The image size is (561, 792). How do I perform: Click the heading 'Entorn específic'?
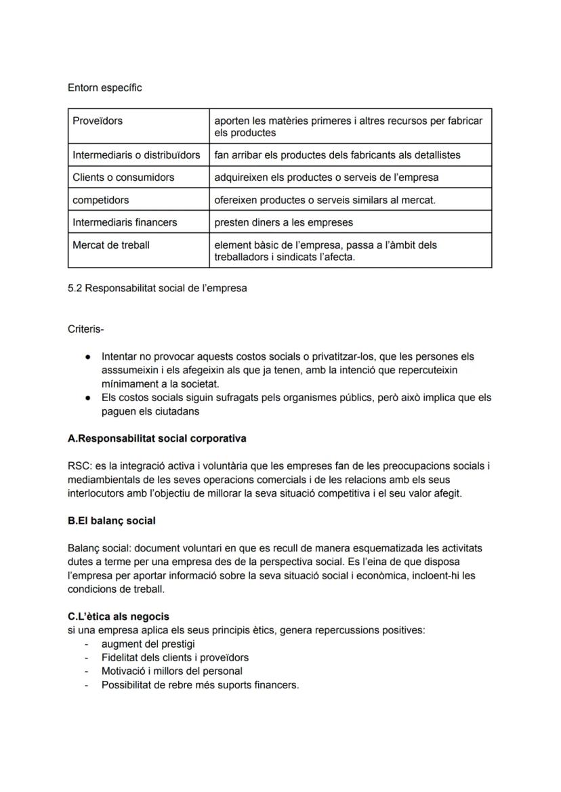[x=104, y=88]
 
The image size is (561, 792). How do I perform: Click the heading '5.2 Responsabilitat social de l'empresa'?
[x=157, y=289]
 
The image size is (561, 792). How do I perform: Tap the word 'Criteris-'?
[x=85, y=329]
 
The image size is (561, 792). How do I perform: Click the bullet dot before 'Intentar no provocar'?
[x=88, y=356]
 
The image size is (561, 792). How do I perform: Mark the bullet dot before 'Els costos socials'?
[x=88, y=398]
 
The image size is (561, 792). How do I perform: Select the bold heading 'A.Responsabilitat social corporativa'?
[x=157, y=438]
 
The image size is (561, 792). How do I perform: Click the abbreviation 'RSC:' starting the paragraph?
[x=79, y=466]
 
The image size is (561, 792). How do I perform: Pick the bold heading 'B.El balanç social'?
[x=112, y=521]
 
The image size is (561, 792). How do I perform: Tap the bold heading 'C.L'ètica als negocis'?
[x=119, y=617]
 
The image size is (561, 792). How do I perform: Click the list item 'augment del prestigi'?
[x=148, y=644]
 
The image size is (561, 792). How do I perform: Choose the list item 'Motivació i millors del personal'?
[x=172, y=671]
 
